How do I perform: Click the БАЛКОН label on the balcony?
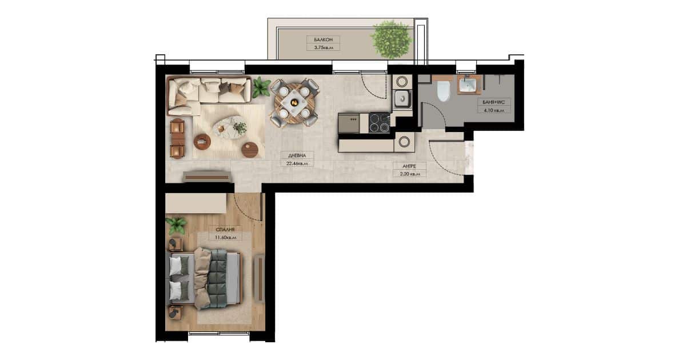pyautogui.click(x=323, y=39)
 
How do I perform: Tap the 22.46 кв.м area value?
pyautogui.click(x=297, y=163)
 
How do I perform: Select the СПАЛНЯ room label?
pyautogui.click(x=225, y=229)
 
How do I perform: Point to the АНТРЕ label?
pyautogui.click(x=409, y=166)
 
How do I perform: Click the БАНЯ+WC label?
pyautogui.click(x=493, y=102)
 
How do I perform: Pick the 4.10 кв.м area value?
pyautogui.click(x=493, y=110)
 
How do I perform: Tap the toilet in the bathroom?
pyautogui.click(x=443, y=91)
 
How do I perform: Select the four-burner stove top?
pyautogui.click(x=380, y=123)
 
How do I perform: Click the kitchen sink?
pyautogui.click(x=402, y=98)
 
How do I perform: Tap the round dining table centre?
pyautogui.click(x=294, y=103)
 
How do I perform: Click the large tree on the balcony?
pyautogui.click(x=392, y=39)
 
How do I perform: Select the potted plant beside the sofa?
pyautogui.click(x=261, y=87)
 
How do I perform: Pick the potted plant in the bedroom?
pyautogui.click(x=176, y=226)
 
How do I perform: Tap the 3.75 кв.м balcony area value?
pyautogui.click(x=323, y=47)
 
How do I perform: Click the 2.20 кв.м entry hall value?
pyautogui.click(x=409, y=174)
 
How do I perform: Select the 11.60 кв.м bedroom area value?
pyautogui.click(x=225, y=237)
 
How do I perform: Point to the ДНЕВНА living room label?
pyautogui.click(x=297, y=155)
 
